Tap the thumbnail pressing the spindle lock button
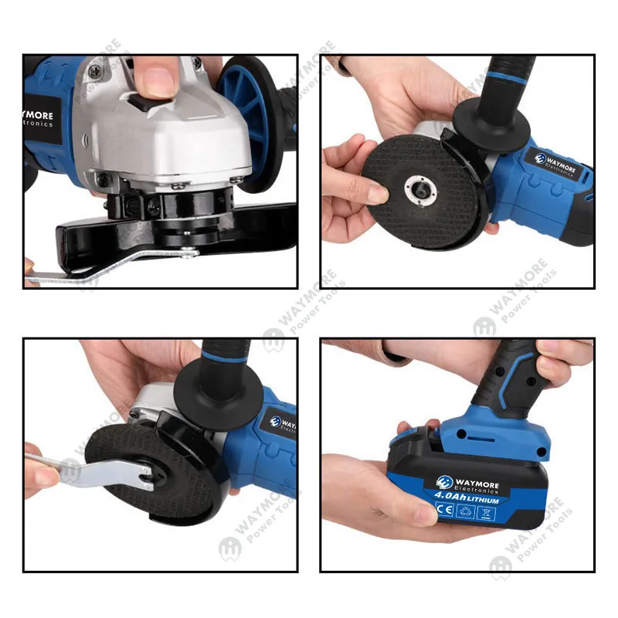tap(160, 80)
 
